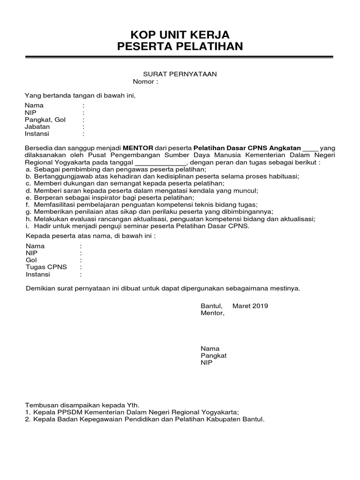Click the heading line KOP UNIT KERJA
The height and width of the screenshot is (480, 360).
(x=180, y=35)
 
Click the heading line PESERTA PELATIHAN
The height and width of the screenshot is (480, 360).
(x=180, y=46)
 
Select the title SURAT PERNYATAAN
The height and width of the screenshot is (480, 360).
(x=180, y=75)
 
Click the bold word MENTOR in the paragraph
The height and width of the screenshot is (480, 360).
(x=138, y=148)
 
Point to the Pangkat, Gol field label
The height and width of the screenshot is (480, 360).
(x=45, y=120)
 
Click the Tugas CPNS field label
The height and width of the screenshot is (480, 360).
(x=46, y=267)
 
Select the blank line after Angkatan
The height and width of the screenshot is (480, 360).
(x=310, y=148)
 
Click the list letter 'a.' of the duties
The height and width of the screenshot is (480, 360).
(x=29, y=169)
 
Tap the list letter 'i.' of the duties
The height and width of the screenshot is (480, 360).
(x=28, y=226)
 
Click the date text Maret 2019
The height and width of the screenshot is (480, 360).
(x=254, y=306)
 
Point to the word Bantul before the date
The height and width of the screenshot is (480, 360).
(x=211, y=306)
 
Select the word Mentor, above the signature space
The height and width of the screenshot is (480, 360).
(x=212, y=313)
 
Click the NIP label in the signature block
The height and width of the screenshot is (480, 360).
(x=206, y=362)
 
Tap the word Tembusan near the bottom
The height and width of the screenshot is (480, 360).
(x=42, y=405)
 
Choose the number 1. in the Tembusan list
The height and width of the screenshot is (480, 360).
(x=28, y=412)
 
